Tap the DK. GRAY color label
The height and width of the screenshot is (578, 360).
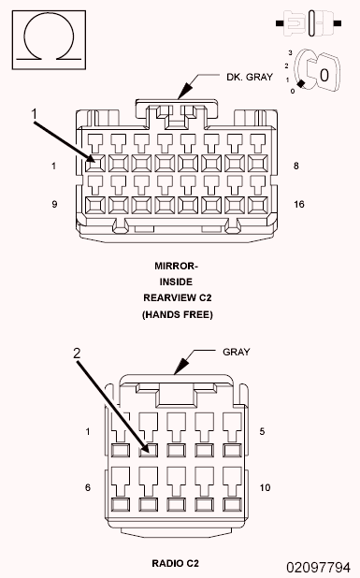tap(250, 77)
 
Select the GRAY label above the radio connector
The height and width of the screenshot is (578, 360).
tap(237, 352)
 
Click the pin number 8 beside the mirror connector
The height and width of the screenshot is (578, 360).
tap(295, 166)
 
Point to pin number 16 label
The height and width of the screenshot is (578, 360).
tap(299, 204)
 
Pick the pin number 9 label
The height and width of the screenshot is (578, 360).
tap(54, 204)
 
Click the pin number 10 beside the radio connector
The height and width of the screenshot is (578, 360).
tap(265, 487)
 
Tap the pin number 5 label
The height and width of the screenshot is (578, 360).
tap(262, 431)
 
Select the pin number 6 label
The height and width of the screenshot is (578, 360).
tap(88, 487)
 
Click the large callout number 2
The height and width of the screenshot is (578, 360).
tap(77, 354)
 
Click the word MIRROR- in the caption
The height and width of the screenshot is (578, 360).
tap(176, 266)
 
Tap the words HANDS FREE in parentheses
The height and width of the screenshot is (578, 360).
tap(178, 315)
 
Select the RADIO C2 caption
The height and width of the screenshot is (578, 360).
tap(176, 563)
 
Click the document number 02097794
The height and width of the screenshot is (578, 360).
tap(318, 567)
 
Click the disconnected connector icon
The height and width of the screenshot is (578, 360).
tap(309, 23)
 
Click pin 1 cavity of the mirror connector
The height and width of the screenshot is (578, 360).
tap(95, 164)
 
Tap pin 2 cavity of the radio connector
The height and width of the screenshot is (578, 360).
tap(149, 451)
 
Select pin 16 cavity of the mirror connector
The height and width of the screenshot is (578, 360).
tap(258, 206)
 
